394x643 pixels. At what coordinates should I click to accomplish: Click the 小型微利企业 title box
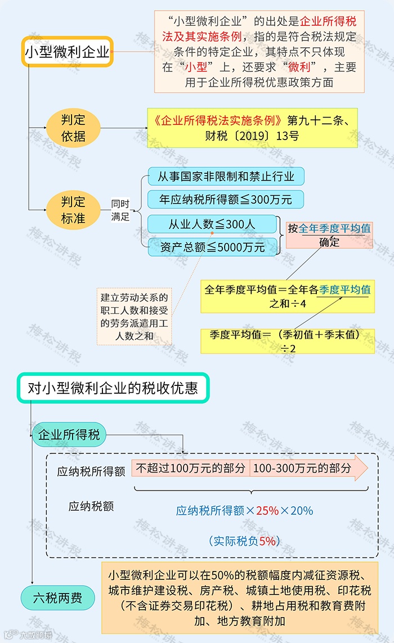coord(68,52)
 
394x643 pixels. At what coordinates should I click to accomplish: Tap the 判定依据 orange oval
coord(73,128)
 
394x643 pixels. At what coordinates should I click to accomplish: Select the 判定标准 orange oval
coord(73,210)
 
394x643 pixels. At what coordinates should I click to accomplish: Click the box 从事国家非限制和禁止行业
coord(226,177)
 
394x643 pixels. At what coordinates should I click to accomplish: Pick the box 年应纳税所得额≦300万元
coord(226,200)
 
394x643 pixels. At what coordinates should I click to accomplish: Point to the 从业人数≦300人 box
coord(212,224)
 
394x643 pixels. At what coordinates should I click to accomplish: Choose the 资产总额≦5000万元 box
coord(212,247)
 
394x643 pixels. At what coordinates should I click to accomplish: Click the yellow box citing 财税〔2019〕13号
coord(252,128)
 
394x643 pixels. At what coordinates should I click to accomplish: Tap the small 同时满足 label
coord(120,210)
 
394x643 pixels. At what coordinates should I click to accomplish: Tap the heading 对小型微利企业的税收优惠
coord(113,388)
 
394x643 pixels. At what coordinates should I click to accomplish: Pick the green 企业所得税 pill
coord(69,435)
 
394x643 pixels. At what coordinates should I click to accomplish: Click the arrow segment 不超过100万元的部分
coord(191,468)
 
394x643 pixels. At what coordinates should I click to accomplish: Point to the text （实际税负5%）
coord(244,541)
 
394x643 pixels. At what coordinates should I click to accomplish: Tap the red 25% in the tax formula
coord(267,511)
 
